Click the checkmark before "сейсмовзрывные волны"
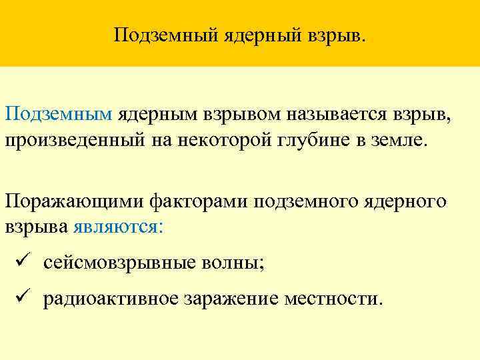[22, 262]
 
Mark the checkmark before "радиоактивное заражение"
[22, 297]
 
